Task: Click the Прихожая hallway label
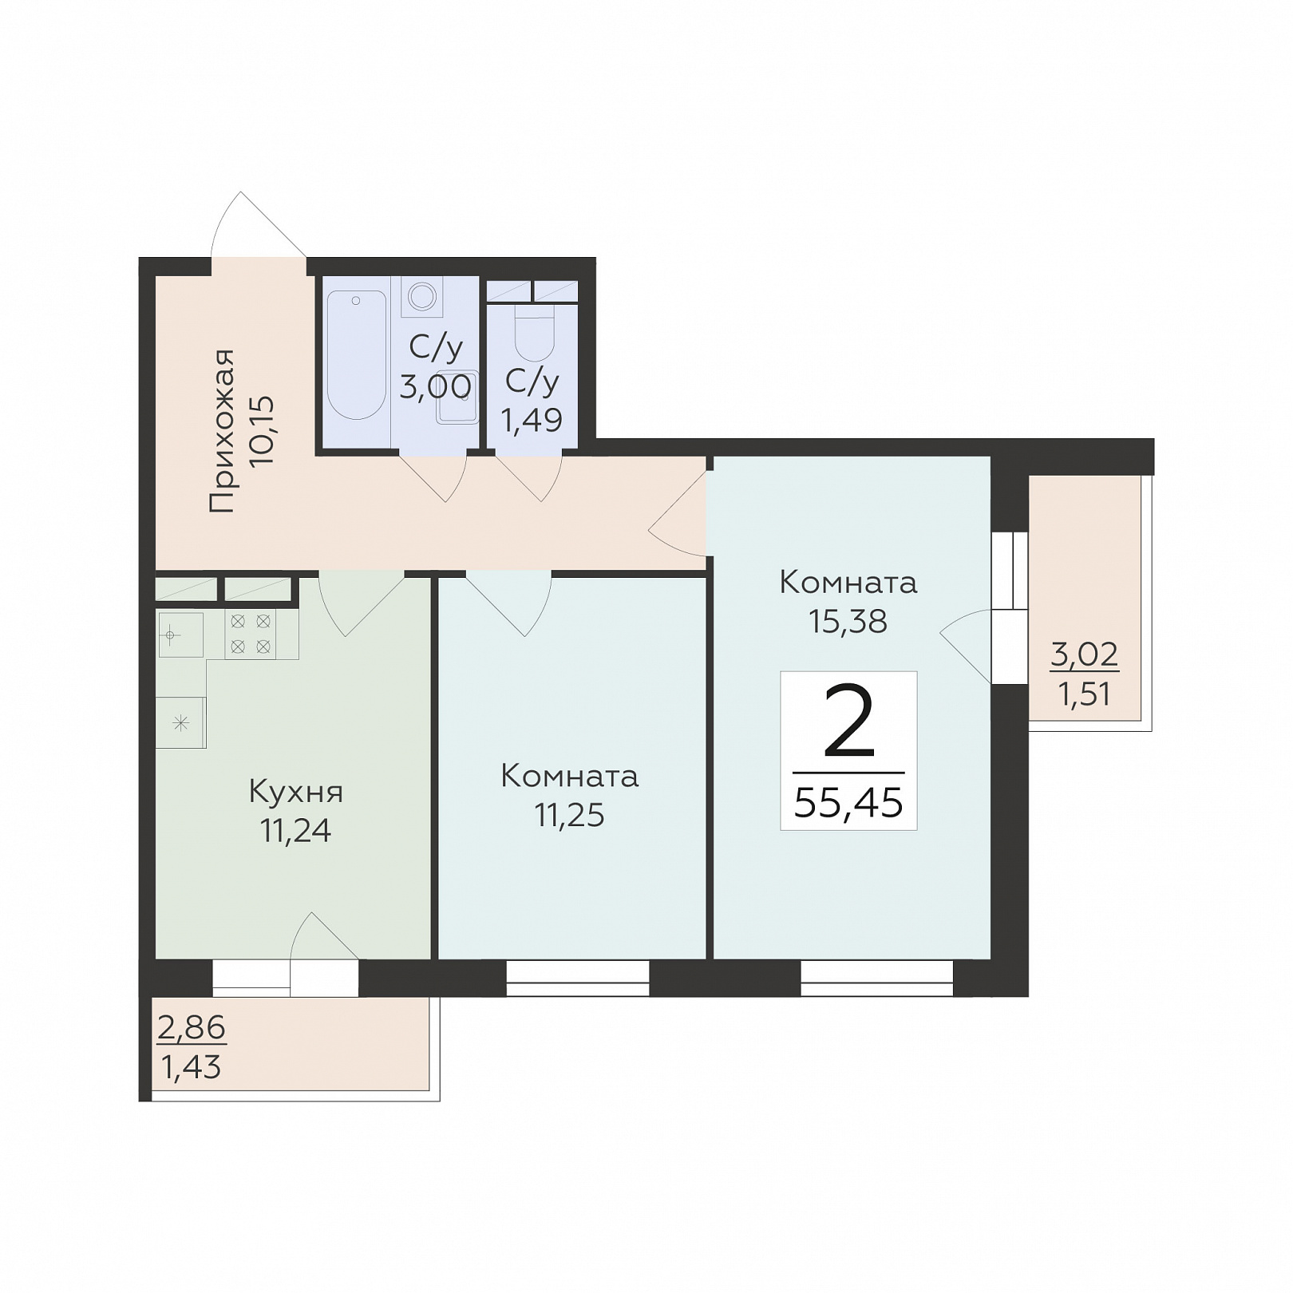[x=222, y=430]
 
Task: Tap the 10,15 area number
[x=262, y=431]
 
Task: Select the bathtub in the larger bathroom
[x=357, y=354]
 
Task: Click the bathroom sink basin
[x=457, y=397]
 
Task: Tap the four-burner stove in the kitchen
[x=250, y=635]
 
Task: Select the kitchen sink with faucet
[x=180, y=635]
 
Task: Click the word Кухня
[x=296, y=793]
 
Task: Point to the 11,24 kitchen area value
[x=295, y=831]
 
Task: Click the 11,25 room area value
[x=569, y=815]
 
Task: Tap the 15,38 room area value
[x=848, y=621]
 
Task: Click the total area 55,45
[x=848, y=802]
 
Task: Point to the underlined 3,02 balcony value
[x=1084, y=655]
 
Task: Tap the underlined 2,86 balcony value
[x=192, y=1028]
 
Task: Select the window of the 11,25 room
[x=578, y=979]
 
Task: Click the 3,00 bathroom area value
[x=435, y=387]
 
